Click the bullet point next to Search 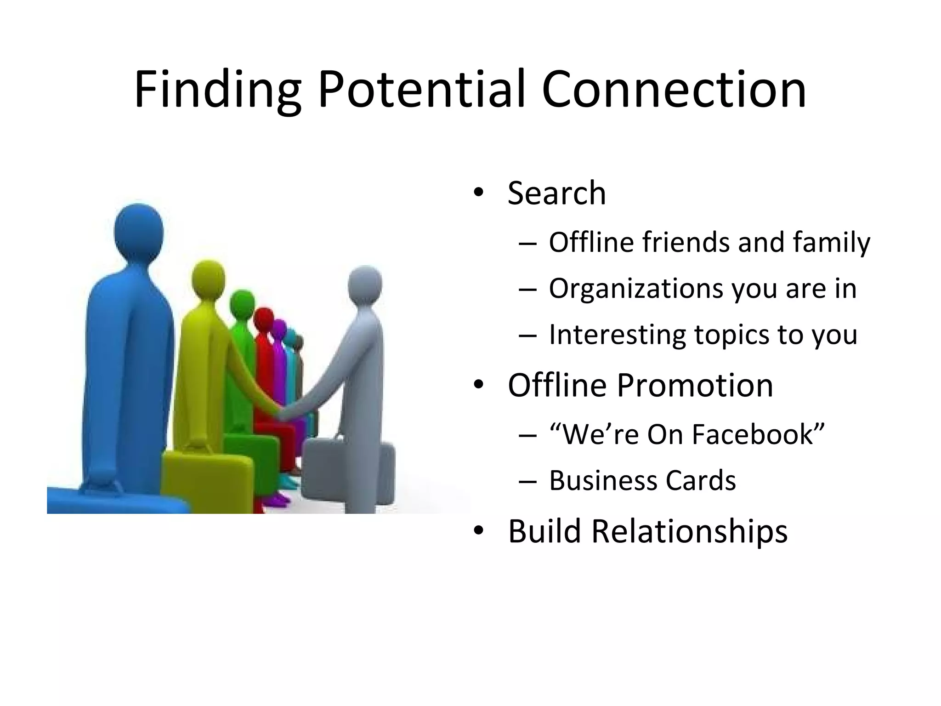pyautogui.click(x=478, y=193)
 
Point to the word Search pyautogui.click(x=557, y=193)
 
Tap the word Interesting pyautogui.click(x=618, y=335)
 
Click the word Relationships pyautogui.click(x=689, y=531)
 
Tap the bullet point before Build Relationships pyautogui.click(x=478, y=531)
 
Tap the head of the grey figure pyautogui.click(x=365, y=284)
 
